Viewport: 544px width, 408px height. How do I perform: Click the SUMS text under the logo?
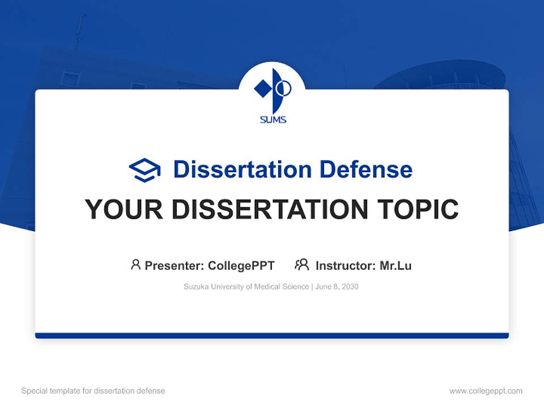[x=273, y=120]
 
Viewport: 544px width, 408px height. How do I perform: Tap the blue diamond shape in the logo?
[x=262, y=88]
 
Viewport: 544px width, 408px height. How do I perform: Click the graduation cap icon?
[x=144, y=170]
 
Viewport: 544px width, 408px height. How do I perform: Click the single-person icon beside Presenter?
[x=135, y=265]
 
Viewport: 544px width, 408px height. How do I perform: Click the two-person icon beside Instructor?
[x=301, y=265]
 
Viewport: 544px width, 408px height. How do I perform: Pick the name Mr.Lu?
[x=396, y=265]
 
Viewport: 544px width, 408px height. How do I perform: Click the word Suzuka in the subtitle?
[x=195, y=287]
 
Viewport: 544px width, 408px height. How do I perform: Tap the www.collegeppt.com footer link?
[x=486, y=391]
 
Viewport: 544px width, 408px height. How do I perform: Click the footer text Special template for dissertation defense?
[x=93, y=391]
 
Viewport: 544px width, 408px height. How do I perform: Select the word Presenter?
[x=175, y=265]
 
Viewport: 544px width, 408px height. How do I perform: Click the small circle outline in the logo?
[x=284, y=88]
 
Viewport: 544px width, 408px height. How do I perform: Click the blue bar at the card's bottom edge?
[x=272, y=335]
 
